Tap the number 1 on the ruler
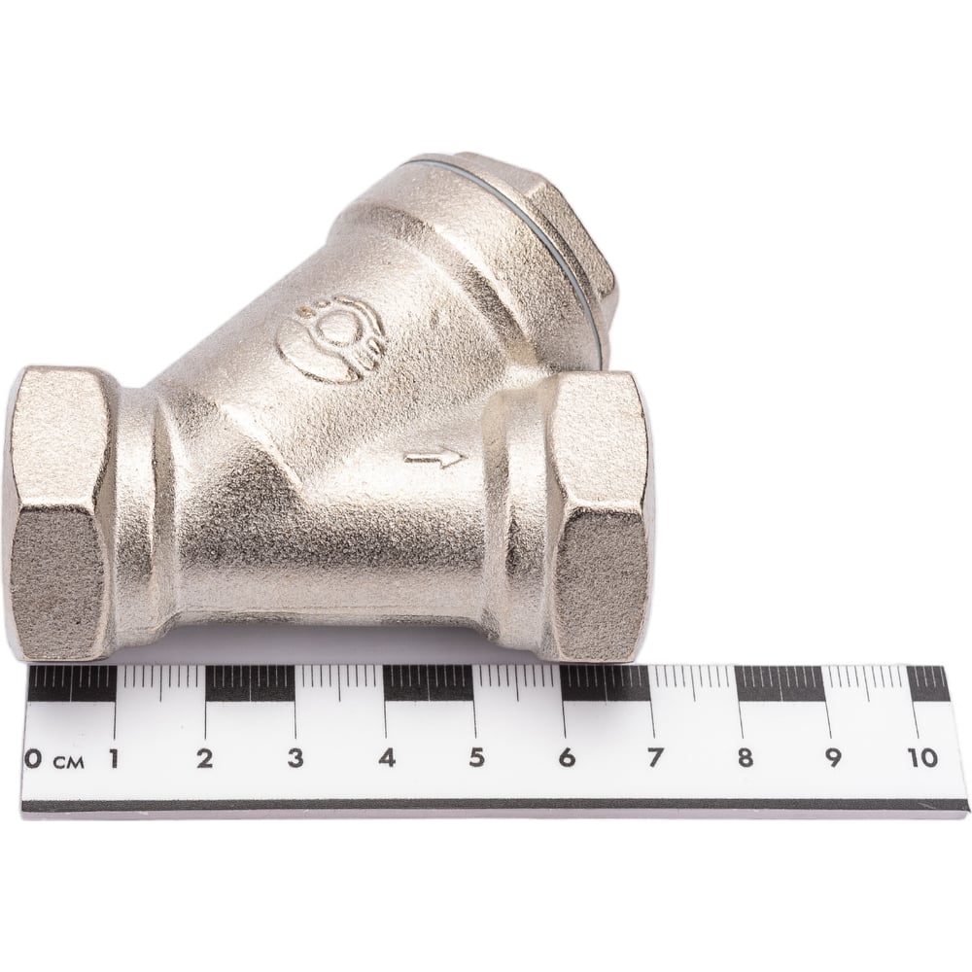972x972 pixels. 114,759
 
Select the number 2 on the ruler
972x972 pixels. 204,759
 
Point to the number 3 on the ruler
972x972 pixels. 295,759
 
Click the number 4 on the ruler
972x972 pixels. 387,759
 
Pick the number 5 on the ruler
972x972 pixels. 476,759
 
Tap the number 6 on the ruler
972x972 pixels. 566,759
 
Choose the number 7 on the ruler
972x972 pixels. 654,759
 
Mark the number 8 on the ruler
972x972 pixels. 746,759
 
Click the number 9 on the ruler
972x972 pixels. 833,759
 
